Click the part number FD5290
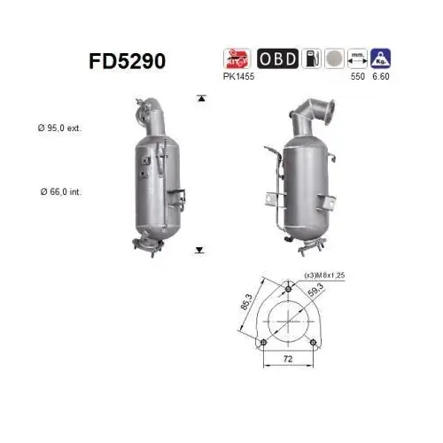[128, 61]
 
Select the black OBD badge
[276, 58]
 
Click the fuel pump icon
[311, 58]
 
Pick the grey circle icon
[334, 58]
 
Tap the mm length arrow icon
[359, 58]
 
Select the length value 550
[359, 77]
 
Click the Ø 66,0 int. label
[59, 191]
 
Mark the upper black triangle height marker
[201, 97]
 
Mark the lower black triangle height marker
[201, 251]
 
